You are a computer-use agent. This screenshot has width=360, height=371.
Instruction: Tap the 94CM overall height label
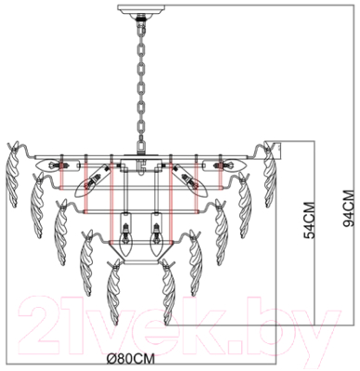point(347,208)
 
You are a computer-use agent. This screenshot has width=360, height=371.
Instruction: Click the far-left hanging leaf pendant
point(16,167)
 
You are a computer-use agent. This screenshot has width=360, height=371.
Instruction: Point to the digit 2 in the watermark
point(45,322)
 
